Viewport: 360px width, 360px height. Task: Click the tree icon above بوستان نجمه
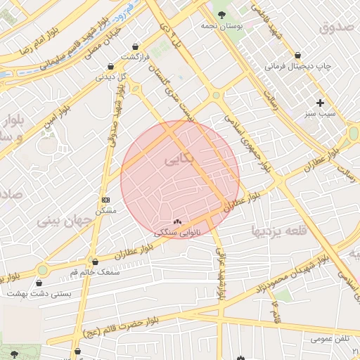tap(222, 13)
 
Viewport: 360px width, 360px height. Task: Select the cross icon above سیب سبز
tap(320, 103)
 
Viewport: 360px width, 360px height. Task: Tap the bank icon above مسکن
tap(105, 200)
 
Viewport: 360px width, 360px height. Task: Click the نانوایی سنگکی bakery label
tap(177, 231)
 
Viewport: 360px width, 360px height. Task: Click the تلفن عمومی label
tap(331, 339)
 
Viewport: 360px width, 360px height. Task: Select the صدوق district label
tap(334, 27)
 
